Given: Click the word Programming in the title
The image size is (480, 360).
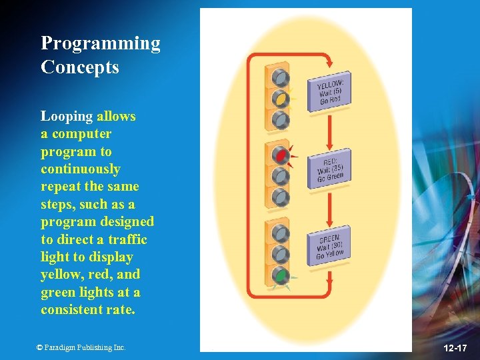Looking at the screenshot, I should tap(101, 44).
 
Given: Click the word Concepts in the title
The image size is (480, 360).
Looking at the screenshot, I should tap(80, 67).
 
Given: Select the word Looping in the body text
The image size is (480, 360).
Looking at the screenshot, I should tap(67, 117).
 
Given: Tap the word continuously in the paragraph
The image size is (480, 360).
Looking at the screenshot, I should tap(81, 169).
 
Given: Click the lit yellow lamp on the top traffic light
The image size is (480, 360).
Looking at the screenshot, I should tap(281, 99).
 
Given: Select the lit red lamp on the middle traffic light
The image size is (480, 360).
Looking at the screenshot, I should tap(281, 156).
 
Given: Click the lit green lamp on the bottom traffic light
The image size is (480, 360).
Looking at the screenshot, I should tap(281, 275).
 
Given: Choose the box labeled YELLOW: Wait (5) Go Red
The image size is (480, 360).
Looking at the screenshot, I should tap(329, 91).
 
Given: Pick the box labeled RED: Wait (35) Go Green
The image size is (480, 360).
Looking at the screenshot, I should tap(329, 168).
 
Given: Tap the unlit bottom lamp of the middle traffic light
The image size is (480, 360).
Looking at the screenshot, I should tap(281, 198).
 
